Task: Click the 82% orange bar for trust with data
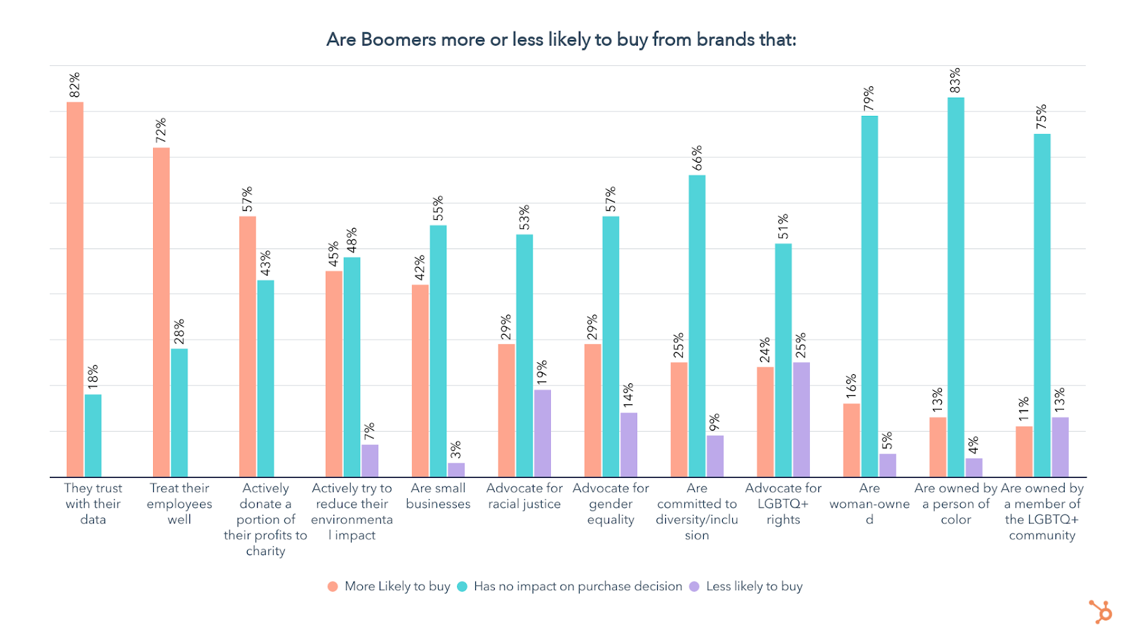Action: pos(75,289)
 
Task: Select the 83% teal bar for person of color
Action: pos(955,287)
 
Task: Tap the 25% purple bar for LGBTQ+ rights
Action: pos(801,419)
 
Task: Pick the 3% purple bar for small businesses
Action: pos(456,470)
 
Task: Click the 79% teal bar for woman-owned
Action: pos(869,296)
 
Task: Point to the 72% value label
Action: pos(161,130)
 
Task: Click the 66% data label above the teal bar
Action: pos(697,158)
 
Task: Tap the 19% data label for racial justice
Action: pos(542,373)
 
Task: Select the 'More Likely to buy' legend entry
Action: pos(390,586)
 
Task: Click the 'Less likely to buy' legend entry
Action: pos(746,586)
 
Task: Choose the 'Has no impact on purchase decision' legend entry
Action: pos(570,586)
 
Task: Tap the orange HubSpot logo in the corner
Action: pos(1101,611)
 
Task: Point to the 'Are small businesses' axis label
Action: pos(438,496)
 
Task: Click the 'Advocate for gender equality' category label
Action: pos(611,503)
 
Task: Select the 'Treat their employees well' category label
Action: pos(179,503)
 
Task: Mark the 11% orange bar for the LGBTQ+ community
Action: pos(1024,451)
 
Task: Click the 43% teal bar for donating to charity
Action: pos(265,378)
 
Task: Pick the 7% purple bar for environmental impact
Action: pos(370,460)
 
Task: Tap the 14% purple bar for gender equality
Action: pos(629,444)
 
